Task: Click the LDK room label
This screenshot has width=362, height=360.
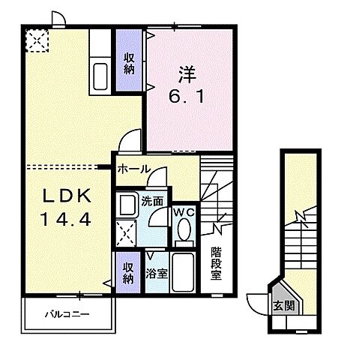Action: (x=66, y=196)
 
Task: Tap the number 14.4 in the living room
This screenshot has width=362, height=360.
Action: (x=66, y=221)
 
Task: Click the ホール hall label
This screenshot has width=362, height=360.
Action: (x=133, y=169)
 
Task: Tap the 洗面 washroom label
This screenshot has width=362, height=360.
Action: (x=152, y=200)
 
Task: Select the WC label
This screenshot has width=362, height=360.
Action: (x=184, y=212)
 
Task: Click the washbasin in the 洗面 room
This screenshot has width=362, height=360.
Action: (x=128, y=204)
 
